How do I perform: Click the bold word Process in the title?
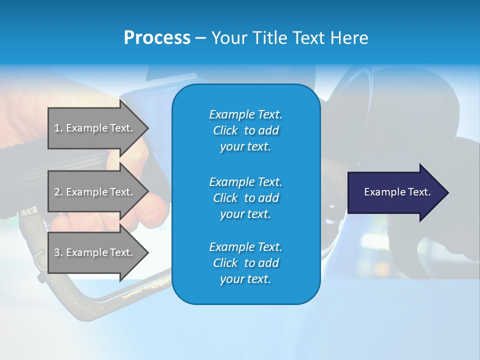pos(157,37)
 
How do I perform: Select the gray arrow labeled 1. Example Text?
pos(95,128)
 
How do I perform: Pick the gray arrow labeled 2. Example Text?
pos(95,192)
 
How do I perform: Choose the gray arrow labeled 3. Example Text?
pos(95,252)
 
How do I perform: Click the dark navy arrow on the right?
pos(395,192)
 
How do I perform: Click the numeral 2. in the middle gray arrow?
pos(58,192)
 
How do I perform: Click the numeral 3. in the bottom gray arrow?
pos(58,252)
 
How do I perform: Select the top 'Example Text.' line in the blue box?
pos(245,114)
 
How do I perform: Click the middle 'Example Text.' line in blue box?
pos(245,181)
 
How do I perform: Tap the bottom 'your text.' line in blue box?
pos(245,279)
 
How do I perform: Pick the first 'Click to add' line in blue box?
pos(245,130)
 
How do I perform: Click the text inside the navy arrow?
pos(397,192)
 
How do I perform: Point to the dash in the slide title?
pos(200,38)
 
